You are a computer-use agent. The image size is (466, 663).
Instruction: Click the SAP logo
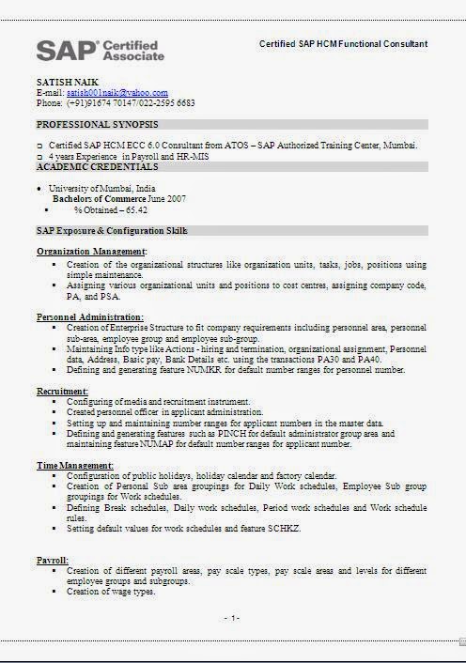(x=100, y=51)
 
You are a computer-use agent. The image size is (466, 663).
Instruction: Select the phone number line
(x=116, y=102)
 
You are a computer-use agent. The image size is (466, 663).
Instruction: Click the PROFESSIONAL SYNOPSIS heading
(x=97, y=124)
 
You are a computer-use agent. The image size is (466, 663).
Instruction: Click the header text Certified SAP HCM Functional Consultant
(x=343, y=43)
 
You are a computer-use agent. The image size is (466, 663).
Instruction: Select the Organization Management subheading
(x=91, y=252)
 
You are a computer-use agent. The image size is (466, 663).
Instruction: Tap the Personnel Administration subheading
(x=90, y=317)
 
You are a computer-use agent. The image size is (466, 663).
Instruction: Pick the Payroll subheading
(x=52, y=560)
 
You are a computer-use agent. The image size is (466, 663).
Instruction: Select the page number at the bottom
(x=232, y=617)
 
